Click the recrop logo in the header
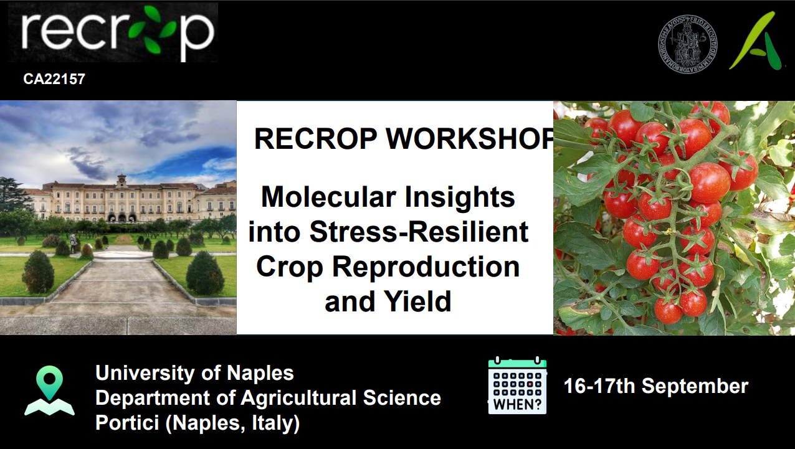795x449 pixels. [x=113, y=32]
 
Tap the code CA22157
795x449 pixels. [x=54, y=79]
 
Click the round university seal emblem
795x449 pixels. [x=687, y=44]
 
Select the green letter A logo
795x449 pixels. [x=755, y=40]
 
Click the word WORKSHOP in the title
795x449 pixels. [x=470, y=139]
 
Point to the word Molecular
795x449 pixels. [x=328, y=197]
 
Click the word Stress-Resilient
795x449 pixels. [x=419, y=232]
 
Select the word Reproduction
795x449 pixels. [x=426, y=268]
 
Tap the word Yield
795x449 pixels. [x=417, y=301]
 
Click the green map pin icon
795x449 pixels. [x=49, y=390]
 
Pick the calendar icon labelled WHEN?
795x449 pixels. [x=518, y=385]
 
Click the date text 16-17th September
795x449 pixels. [x=656, y=386]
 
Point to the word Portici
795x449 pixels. [x=127, y=423]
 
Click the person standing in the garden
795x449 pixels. [x=73, y=243]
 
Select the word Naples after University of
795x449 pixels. [x=260, y=373]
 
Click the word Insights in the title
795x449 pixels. [x=460, y=197]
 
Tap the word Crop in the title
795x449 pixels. [x=289, y=268]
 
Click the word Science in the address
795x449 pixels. [x=402, y=398]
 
